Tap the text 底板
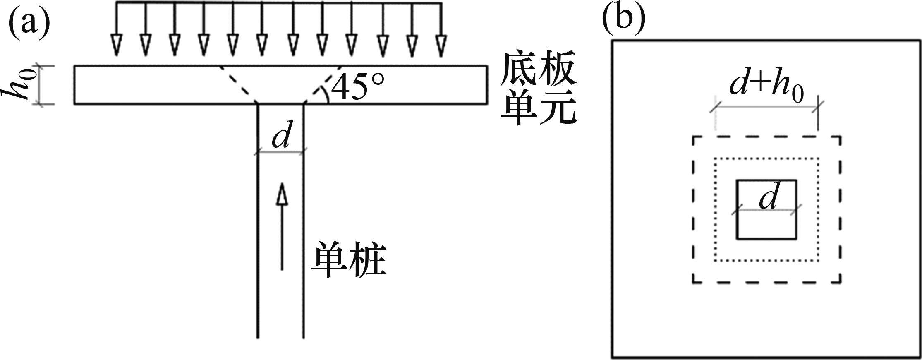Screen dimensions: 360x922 [538, 74]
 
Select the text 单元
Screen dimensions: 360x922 [538, 110]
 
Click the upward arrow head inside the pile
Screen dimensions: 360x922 [282, 194]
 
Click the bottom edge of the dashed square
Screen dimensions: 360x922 [766, 283]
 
